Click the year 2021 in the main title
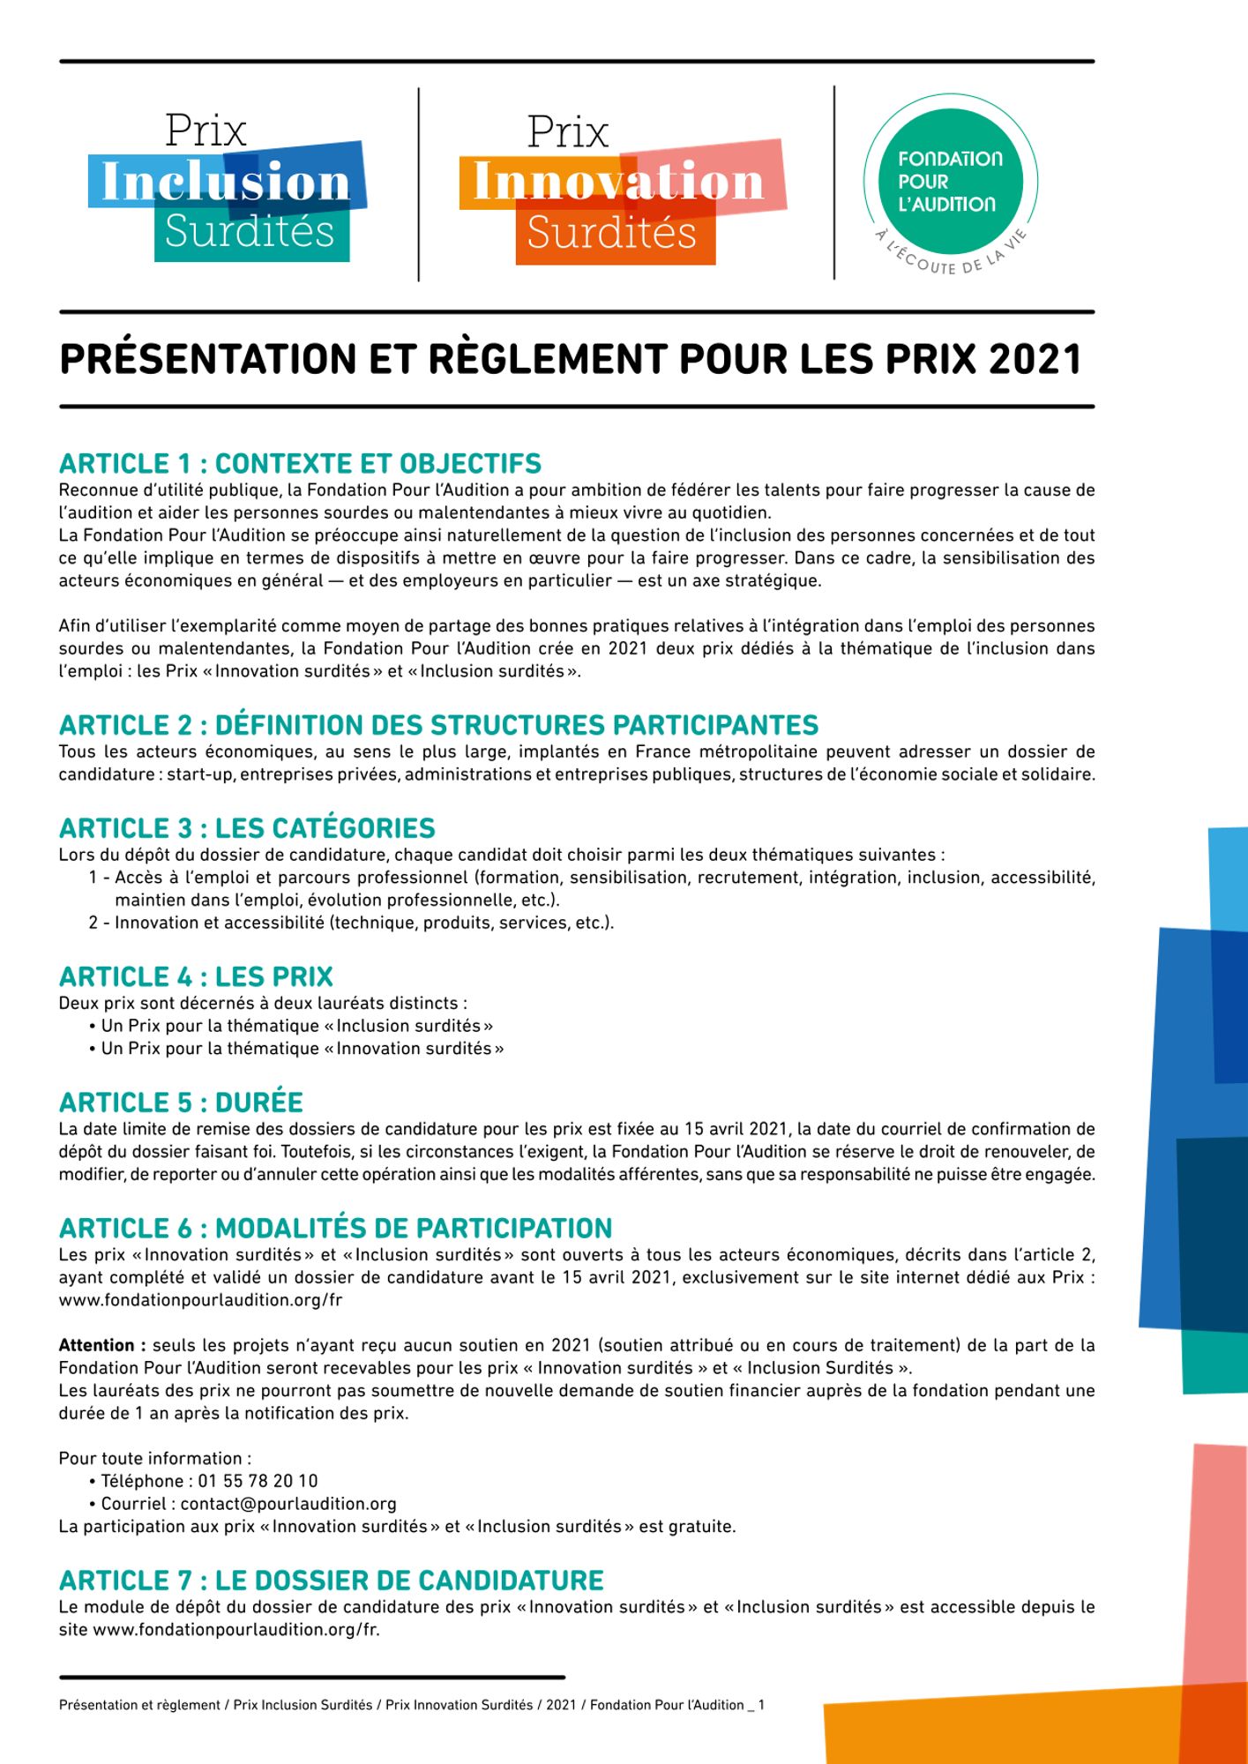(x=1035, y=359)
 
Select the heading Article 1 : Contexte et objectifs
(x=300, y=464)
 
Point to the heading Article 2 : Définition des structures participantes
(x=438, y=725)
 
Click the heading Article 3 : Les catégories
(x=247, y=828)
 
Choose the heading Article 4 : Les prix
(x=196, y=976)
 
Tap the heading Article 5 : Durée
(x=181, y=1102)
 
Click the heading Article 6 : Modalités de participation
(x=335, y=1228)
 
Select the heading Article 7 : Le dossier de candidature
(x=332, y=1580)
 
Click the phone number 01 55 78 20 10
(x=258, y=1481)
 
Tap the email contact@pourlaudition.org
(x=288, y=1504)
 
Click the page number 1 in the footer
(x=761, y=1705)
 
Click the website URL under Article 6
(x=200, y=1300)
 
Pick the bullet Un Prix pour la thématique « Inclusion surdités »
(x=296, y=1026)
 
